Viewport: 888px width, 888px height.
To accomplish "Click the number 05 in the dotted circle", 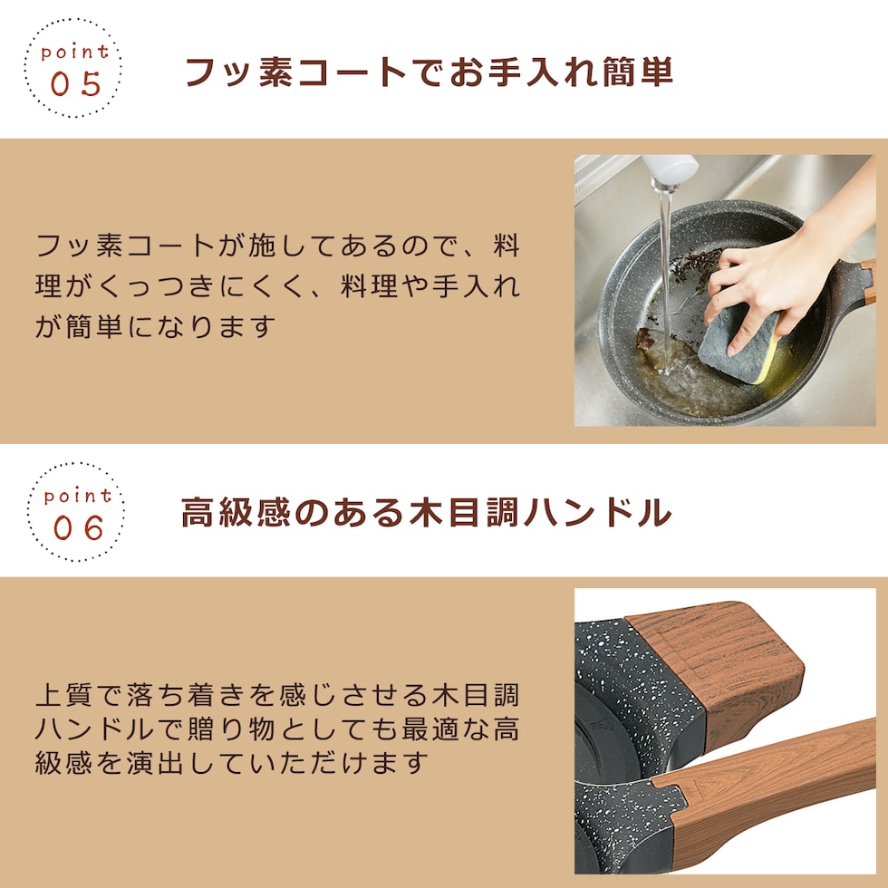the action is [x=76, y=83].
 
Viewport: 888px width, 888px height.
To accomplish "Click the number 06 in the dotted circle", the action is [x=79, y=527].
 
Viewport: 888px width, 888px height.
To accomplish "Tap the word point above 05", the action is [x=74, y=53].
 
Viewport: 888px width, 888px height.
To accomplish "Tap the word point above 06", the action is [x=78, y=497].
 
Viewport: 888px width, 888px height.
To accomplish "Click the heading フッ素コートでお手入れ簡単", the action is [x=430, y=72].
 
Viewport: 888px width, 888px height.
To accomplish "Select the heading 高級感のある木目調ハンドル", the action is [x=427, y=512].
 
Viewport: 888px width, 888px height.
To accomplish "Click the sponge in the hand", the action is [x=740, y=343].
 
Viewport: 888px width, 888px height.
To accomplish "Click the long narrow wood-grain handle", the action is [x=770, y=793].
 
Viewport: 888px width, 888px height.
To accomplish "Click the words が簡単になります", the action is [x=155, y=327].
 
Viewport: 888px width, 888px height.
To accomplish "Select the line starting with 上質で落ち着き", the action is [x=277, y=695].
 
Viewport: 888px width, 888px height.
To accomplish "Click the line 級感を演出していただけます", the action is [x=232, y=763].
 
